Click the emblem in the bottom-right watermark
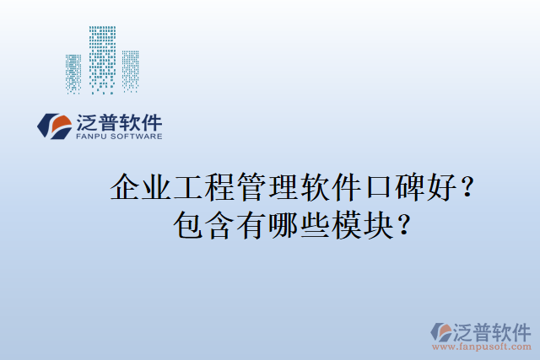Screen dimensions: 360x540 442,332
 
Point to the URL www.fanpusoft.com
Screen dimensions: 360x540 482,347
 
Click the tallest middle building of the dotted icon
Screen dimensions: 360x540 103,59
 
